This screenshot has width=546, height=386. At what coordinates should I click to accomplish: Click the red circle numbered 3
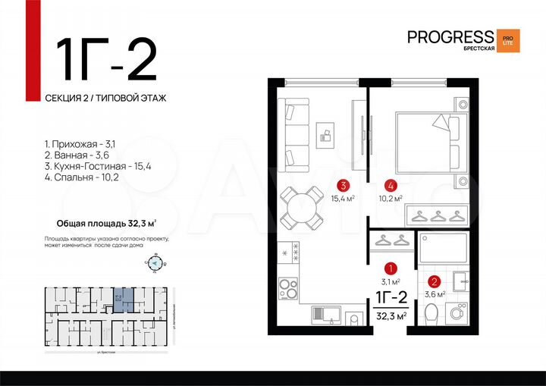coord(344,184)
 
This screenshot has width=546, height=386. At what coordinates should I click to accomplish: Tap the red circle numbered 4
coord(390,184)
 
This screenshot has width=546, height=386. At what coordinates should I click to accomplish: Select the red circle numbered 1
coord(390,268)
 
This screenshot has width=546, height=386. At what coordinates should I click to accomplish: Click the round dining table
coord(300,206)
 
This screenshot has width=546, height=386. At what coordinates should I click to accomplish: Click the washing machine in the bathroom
coord(457,311)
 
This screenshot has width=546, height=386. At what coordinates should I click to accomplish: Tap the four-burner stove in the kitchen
coord(289,289)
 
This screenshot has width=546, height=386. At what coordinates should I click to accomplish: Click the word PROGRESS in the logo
coord(450,36)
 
